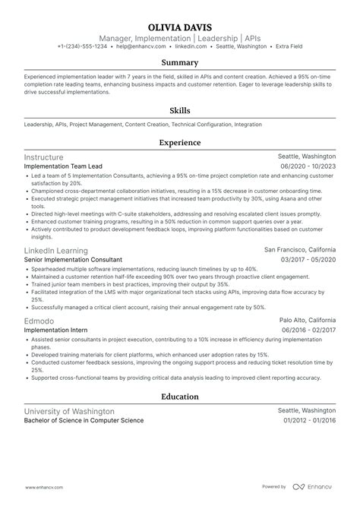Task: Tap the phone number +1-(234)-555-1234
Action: click(x=83, y=46)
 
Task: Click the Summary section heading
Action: click(x=179, y=63)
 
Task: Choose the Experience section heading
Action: click(x=179, y=142)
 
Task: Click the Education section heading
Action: click(x=179, y=397)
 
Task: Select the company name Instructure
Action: click(x=45, y=156)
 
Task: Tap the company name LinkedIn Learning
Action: click(x=56, y=250)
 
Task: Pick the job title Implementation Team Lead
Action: click(x=63, y=166)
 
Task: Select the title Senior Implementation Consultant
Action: click(x=73, y=260)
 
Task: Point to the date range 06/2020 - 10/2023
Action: click(x=308, y=166)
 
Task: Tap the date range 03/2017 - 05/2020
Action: click(x=308, y=260)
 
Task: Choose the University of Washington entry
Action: click(x=69, y=411)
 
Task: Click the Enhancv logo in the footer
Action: click(x=319, y=487)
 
